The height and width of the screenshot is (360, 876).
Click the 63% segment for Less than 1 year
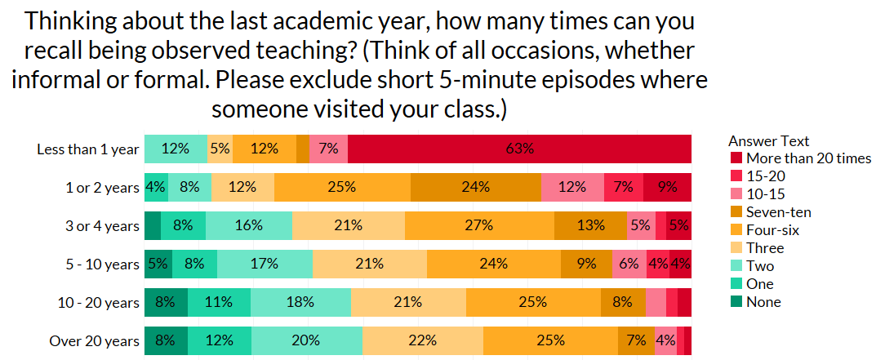[x=519, y=149]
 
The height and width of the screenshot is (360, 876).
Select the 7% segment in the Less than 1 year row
[x=329, y=149]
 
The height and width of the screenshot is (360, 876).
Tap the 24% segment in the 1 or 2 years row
[x=475, y=187]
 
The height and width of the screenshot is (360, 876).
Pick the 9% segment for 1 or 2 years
[x=667, y=187]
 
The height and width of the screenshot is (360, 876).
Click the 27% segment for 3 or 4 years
[x=478, y=225]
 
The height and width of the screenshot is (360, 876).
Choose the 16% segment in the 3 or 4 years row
[x=248, y=225]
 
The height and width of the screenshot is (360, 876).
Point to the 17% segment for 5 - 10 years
[x=265, y=264]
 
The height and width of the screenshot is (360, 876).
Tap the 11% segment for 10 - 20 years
[x=219, y=302]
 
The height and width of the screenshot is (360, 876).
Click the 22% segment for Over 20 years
[x=422, y=340]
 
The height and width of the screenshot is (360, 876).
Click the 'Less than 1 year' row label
[x=88, y=149]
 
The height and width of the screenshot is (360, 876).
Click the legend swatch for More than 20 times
[x=736, y=158]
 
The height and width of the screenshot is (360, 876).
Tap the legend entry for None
[x=763, y=302]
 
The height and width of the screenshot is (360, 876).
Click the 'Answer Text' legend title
[x=768, y=140]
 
